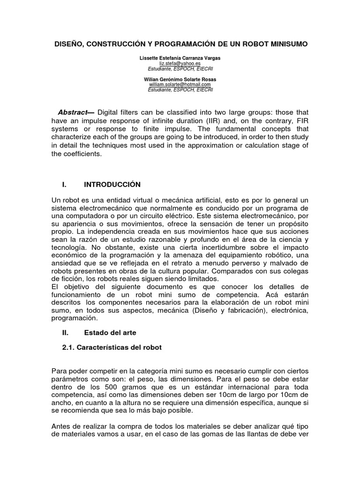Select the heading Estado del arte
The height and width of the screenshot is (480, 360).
[110, 333]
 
